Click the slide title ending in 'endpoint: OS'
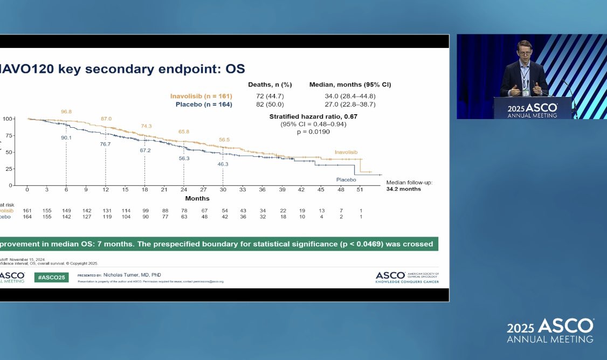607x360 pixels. (123, 68)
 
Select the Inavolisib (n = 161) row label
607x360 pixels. (201, 96)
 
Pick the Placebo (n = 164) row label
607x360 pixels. (204, 105)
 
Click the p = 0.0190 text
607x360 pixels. (314, 132)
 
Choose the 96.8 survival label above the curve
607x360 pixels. (66, 112)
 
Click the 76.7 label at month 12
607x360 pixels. (105, 144)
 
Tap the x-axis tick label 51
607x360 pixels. (360, 190)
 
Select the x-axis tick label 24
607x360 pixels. (184, 190)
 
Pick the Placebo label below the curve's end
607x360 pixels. (347, 179)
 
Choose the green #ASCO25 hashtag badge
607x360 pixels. (51, 277)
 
